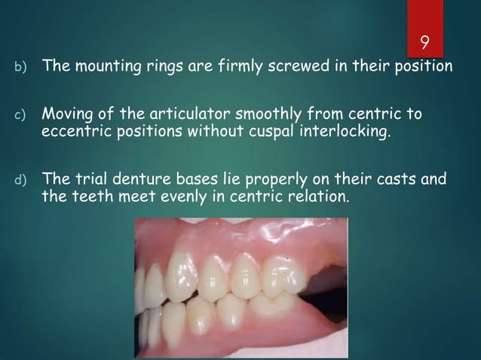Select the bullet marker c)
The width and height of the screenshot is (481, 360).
(x=21, y=117)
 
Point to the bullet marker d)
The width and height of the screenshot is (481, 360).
(x=21, y=182)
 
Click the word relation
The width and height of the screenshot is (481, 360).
(x=320, y=197)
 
